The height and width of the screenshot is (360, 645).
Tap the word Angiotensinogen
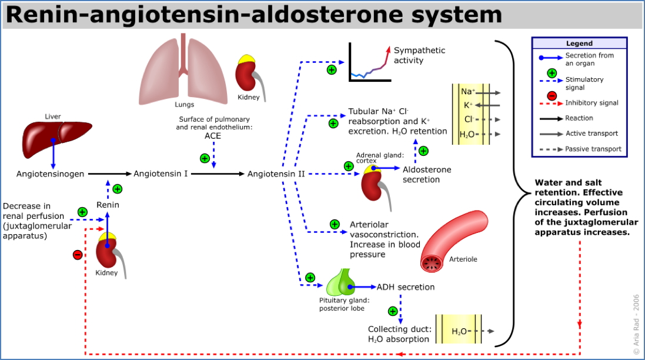click(x=50, y=174)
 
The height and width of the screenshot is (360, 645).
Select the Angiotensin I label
click(x=161, y=174)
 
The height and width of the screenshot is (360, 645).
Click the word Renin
click(x=108, y=205)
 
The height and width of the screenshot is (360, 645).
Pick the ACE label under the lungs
click(x=213, y=136)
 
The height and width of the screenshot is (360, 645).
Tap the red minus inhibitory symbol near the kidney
click(x=77, y=255)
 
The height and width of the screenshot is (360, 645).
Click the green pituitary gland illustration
click(x=339, y=284)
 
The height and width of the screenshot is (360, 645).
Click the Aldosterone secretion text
click(x=427, y=174)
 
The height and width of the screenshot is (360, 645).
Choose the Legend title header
click(x=579, y=44)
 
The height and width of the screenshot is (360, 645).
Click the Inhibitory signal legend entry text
click(x=591, y=103)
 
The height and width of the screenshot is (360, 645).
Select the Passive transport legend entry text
click(x=593, y=149)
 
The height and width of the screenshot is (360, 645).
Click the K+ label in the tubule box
click(x=469, y=105)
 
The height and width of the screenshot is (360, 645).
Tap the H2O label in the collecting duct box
click(x=459, y=331)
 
